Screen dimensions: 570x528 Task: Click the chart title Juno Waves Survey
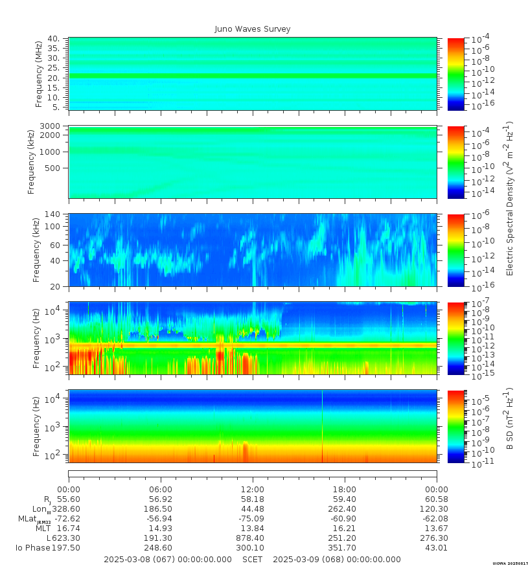tap(253, 29)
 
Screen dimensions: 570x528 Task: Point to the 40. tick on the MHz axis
tap(54, 39)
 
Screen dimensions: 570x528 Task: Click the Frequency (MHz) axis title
tap(40, 74)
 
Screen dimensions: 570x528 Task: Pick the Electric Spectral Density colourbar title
tap(510, 198)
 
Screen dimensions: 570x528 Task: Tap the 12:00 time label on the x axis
tap(253, 489)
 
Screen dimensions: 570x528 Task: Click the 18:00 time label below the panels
tap(345, 489)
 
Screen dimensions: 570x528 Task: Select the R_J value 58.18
tap(253, 499)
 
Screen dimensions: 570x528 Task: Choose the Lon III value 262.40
tap(345, 509)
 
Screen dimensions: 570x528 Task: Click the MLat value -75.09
tap(253, 519)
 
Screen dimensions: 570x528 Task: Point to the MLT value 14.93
tap(161, 529)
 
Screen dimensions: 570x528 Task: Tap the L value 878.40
tap(253, 538)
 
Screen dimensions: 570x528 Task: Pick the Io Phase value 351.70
tap(345, 548)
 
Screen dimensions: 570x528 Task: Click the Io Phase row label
tap(30, 548)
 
